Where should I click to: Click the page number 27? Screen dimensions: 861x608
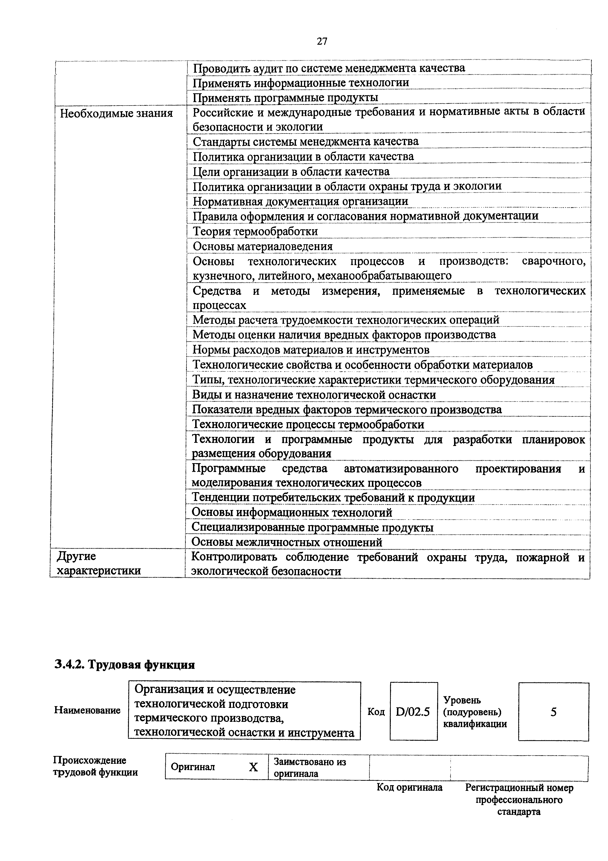point(322,41)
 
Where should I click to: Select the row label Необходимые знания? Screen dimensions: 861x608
point(116,113)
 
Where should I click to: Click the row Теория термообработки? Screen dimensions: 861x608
point(255,231)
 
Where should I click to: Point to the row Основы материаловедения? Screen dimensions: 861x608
point(263,246)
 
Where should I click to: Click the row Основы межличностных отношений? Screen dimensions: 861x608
point(287,542)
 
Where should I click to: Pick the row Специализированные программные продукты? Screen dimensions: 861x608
point(312,527)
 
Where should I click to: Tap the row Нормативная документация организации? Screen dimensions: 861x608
point(300,201)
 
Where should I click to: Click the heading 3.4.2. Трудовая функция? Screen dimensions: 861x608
point(125,664)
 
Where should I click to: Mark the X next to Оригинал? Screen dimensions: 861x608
point(253,767)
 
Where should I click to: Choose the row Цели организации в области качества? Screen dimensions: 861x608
point(291,172)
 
